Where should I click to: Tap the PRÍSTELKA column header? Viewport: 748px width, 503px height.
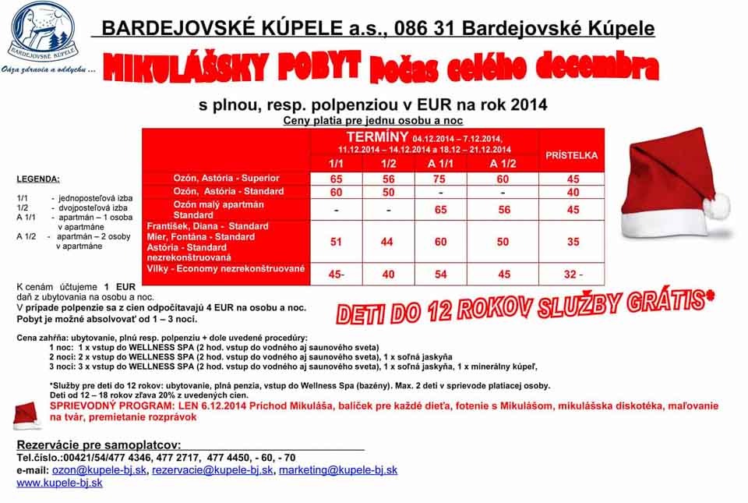[x=573, y=155]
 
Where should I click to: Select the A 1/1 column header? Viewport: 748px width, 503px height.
[x=440, y=163]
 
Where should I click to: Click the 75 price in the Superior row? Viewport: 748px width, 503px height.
[x=440, y=179]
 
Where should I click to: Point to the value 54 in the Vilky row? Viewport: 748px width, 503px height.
[x=440, y=274]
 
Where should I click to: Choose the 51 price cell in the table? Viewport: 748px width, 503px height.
[x=336, y=242]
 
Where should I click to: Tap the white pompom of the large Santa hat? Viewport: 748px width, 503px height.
[x=716, y=206]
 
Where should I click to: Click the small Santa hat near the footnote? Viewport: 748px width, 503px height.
[x=27, y=415]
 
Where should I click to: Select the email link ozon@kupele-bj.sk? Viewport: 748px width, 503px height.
[x=99, y=470]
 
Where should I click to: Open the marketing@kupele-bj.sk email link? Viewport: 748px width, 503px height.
[x=338, y=470]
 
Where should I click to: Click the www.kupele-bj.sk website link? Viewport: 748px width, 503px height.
[x=59, y=483]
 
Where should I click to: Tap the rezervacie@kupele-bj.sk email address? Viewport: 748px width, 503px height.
[x=213, y=470]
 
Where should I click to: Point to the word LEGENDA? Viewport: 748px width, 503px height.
[x=38, y=179]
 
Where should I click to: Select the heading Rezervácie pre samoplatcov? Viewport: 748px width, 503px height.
[x=99, y=444]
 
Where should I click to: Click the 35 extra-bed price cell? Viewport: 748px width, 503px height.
[x=573, y=242]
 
